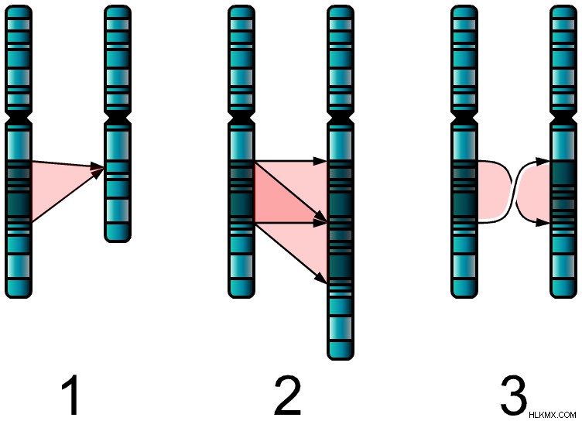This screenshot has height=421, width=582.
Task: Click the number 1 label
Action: click(70, 395)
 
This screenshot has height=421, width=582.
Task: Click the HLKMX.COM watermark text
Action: click(553, 415)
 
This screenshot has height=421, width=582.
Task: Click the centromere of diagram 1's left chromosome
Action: click(19, 118)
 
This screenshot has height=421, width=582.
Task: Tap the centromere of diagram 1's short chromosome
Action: click(118, 118)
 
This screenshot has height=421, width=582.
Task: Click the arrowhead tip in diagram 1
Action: click(104, 168)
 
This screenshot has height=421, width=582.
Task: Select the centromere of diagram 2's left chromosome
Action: click(241, 118)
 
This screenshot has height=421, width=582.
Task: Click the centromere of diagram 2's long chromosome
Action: click(341, 118)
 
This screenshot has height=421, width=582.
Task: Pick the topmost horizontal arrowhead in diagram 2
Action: click(320, 161)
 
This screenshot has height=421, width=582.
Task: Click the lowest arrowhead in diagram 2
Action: click(320, 278)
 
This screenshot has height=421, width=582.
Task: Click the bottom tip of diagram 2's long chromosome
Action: click(341, 359)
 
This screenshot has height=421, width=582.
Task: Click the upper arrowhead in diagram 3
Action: click(543, 162)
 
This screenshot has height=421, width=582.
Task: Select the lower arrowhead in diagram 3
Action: click(543, 223)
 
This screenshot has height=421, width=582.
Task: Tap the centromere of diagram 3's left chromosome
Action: click(464, 118)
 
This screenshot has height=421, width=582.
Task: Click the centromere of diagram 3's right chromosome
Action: click(563, 118)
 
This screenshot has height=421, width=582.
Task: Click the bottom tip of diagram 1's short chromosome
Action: click(118, 241)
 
